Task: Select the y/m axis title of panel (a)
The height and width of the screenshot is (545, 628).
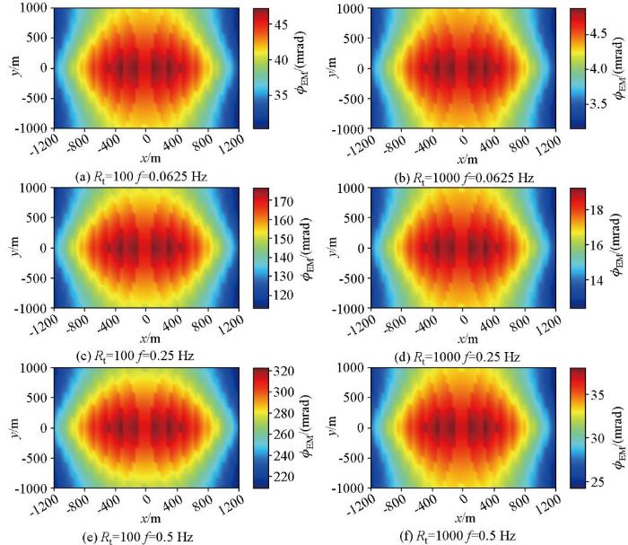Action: tap(12, 67)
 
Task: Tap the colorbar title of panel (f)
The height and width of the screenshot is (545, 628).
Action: tap(619, 427)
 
